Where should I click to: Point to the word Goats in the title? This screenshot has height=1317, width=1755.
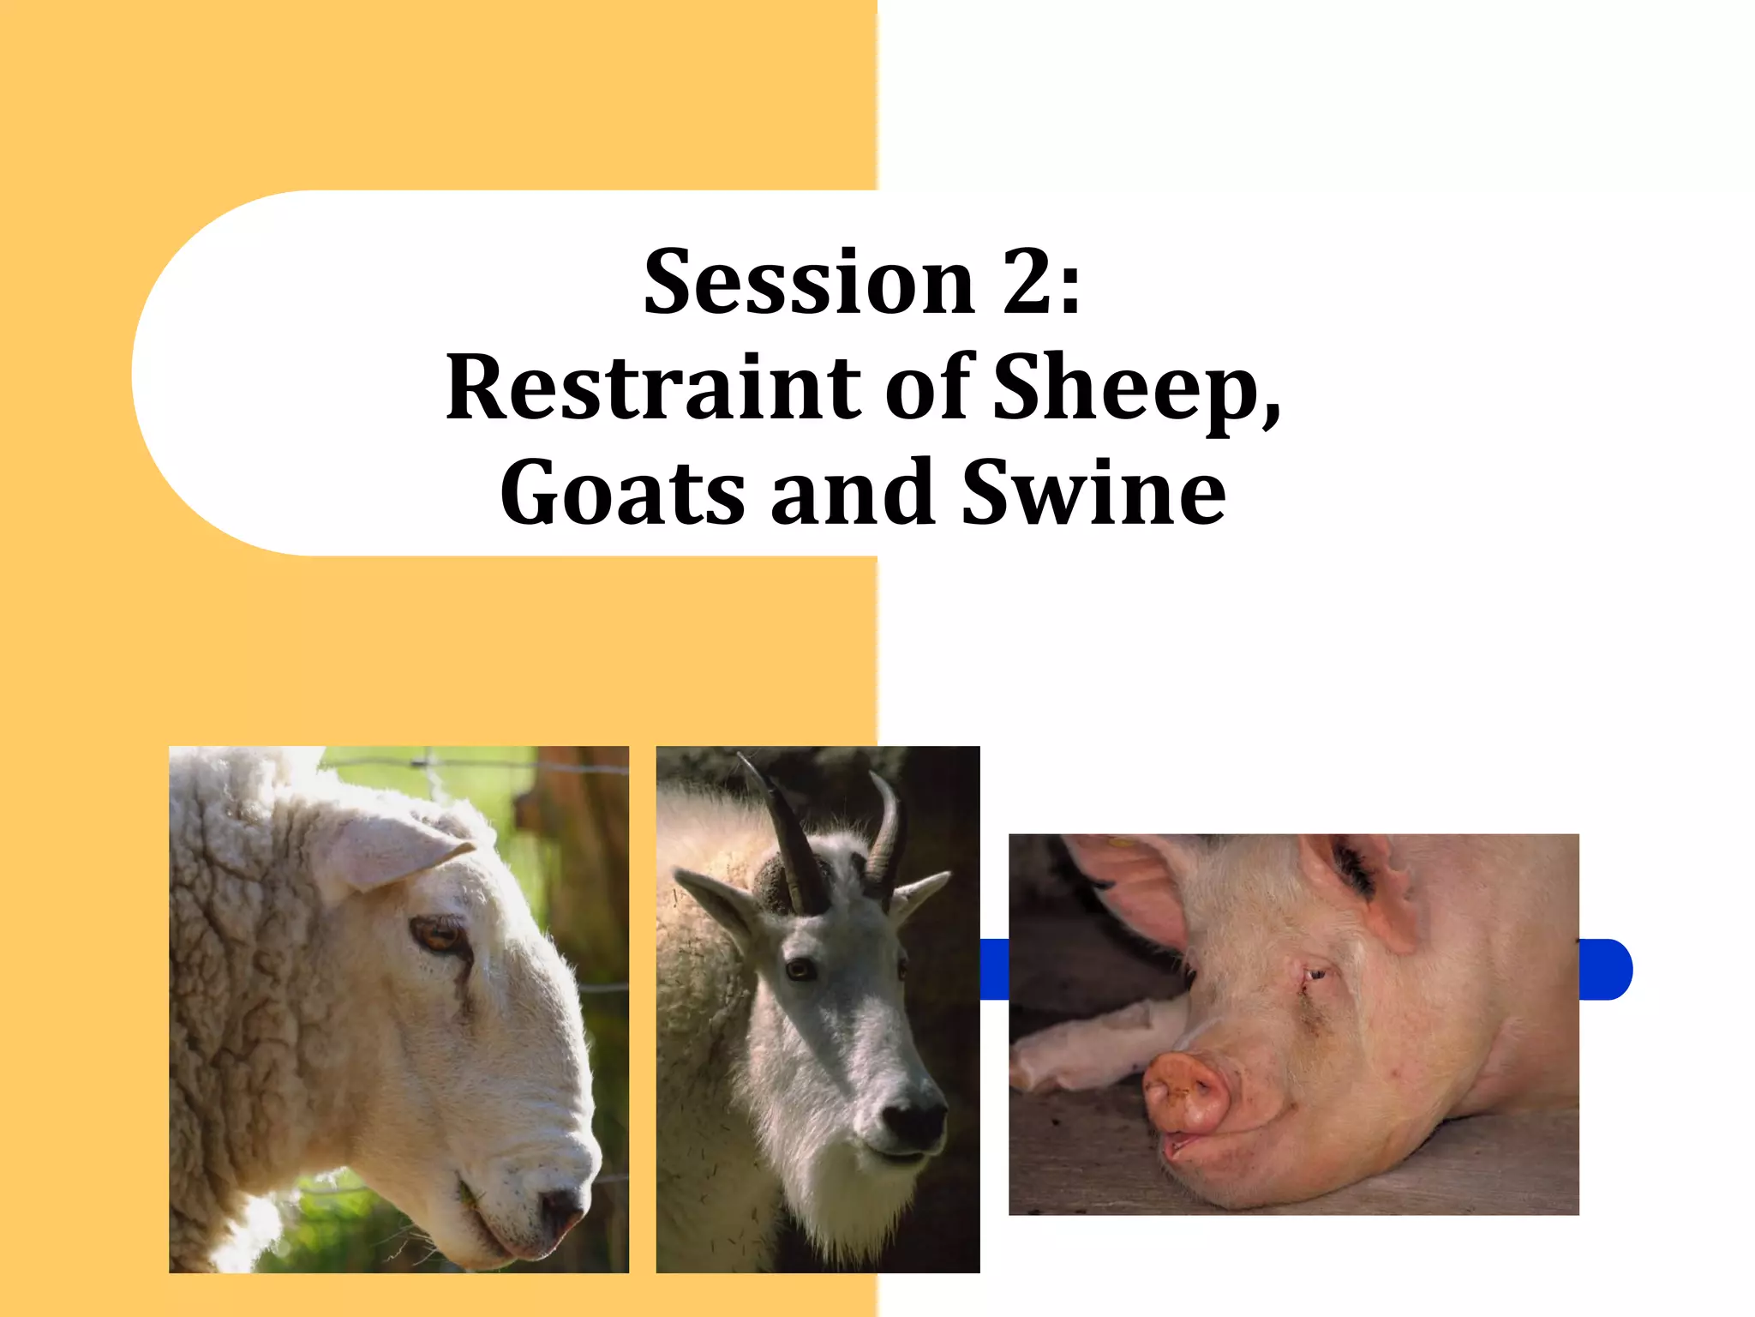coord(622,494)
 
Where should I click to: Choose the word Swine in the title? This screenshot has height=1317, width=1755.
coord(1093,494)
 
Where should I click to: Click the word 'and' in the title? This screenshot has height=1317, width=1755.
coord(852,494)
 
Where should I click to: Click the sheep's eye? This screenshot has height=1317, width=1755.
coord(437,936)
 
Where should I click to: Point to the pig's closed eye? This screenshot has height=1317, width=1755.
coord(1314,975)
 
